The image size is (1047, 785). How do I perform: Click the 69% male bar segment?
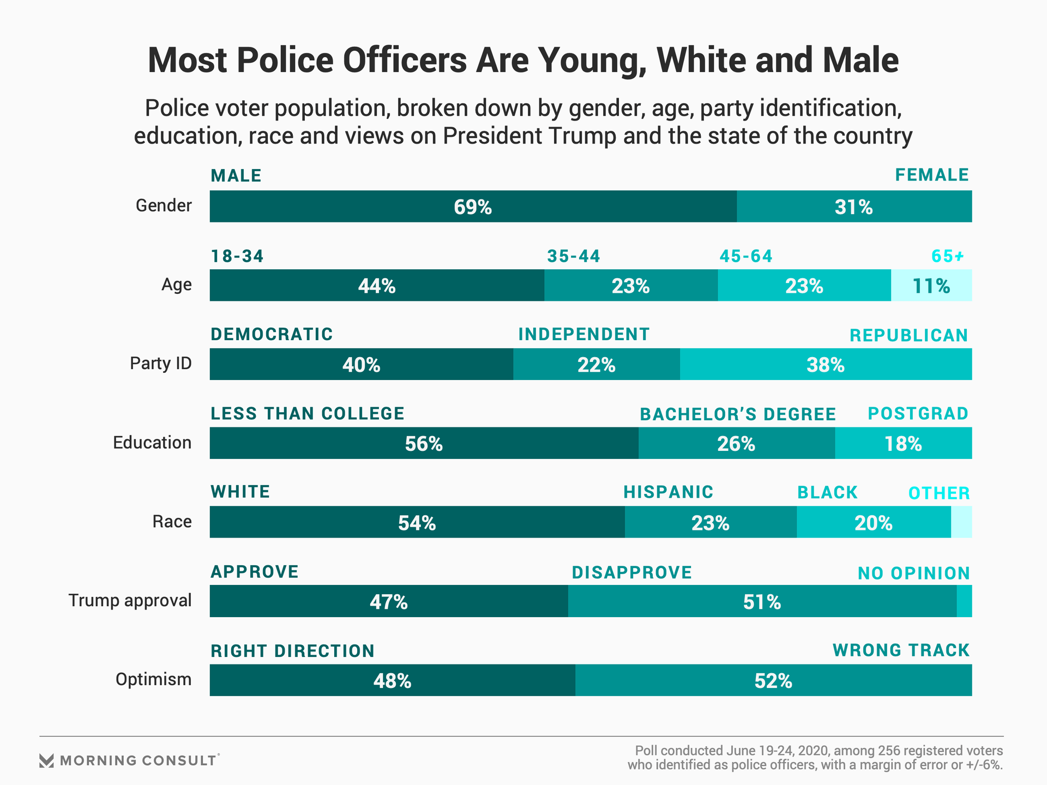tap(473, 207)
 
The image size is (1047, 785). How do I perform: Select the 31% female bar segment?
tap(854, 207)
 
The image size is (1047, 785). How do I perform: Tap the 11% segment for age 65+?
tap(931, 286)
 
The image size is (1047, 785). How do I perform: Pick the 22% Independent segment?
tap(597, 364)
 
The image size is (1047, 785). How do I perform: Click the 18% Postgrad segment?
tap(903, 443)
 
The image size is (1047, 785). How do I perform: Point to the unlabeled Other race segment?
tap(961, 522)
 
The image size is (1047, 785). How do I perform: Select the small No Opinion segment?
tap(964, 601)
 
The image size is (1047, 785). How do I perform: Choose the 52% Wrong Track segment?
tap(773, 680)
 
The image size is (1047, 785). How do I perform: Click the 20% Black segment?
tap(874, 522)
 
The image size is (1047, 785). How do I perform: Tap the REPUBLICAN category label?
tap(908, 335)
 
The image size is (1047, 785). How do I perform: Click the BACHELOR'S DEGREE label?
tap(738, 414)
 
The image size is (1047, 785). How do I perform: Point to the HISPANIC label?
tap(669, 492)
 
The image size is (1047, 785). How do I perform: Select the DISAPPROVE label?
tap(632, 572)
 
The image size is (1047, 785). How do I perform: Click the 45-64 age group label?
tap(746, 256)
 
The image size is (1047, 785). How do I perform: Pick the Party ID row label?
tap(161, 363)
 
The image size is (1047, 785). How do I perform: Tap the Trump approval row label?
tap(130, 600)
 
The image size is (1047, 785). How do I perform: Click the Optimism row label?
tap(153, 679)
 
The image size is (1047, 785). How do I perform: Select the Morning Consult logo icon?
tap(47, 760)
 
